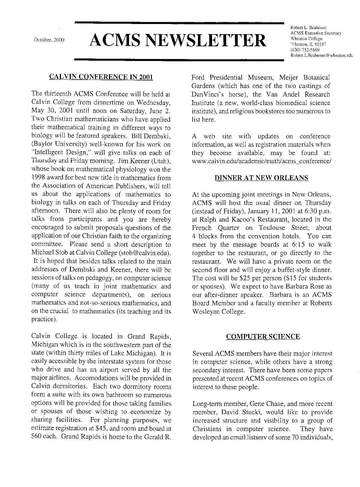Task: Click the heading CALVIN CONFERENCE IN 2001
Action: pyautogui.click(x=101, y=77)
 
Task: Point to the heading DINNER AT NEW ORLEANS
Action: pyautogui.click(x=261, y=178)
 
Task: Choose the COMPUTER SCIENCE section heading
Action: pyautogui.click(x=263, y=337)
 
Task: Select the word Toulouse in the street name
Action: pyautogui.click(x=272, y=228)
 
